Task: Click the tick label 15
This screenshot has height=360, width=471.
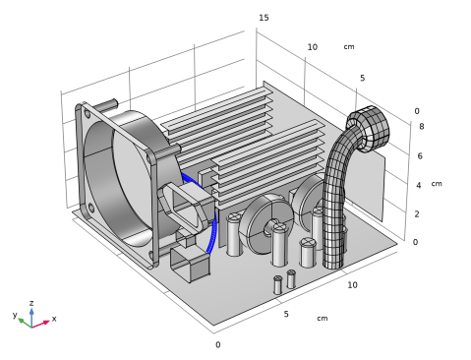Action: click(x=264, y=18)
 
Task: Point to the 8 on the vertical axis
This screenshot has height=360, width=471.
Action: click(x=422, y=126)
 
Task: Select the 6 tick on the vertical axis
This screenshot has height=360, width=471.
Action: click(x=420, y=155)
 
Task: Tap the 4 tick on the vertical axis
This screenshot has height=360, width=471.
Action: click(x=419, y=185)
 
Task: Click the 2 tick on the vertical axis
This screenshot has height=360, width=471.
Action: click(x=417, y=214)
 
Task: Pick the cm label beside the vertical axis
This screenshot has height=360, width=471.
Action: click(x=437, y=184)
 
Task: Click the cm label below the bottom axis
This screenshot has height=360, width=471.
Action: click(x=323, y=318)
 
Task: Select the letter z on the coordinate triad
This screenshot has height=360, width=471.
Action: click(x=31, y=303)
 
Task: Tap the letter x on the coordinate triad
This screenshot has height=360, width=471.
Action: click(x=54, y=319)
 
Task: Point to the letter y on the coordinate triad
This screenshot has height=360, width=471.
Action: click(x=15, y=315)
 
